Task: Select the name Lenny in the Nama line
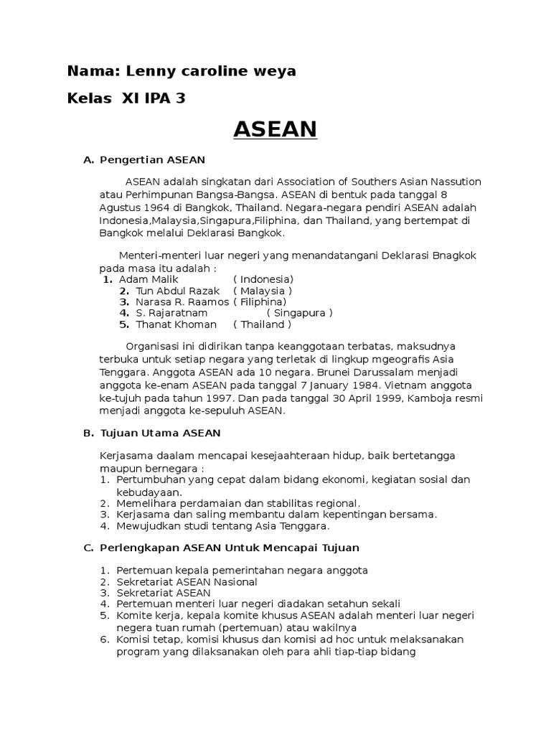tap(147, 71)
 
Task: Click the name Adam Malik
tap(149, 278)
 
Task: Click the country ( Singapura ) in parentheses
tap(300, 313)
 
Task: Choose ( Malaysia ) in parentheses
tap(263, 291)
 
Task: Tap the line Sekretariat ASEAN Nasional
tap(187, 581)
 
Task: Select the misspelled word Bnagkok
tap(451, 256)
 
